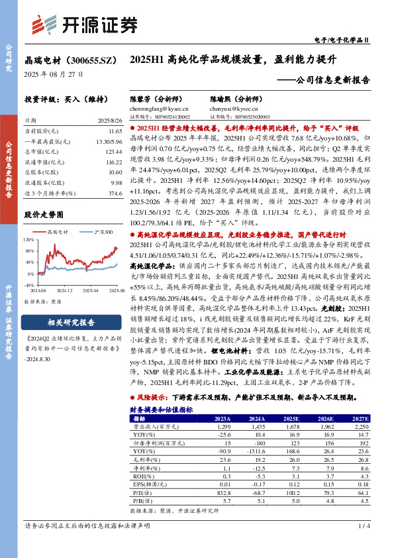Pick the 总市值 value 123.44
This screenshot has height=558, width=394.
[x=113, y=152]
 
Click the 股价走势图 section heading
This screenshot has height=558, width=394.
[x=46, y=215]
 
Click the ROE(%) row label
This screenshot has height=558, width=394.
[x=140, y=475]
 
